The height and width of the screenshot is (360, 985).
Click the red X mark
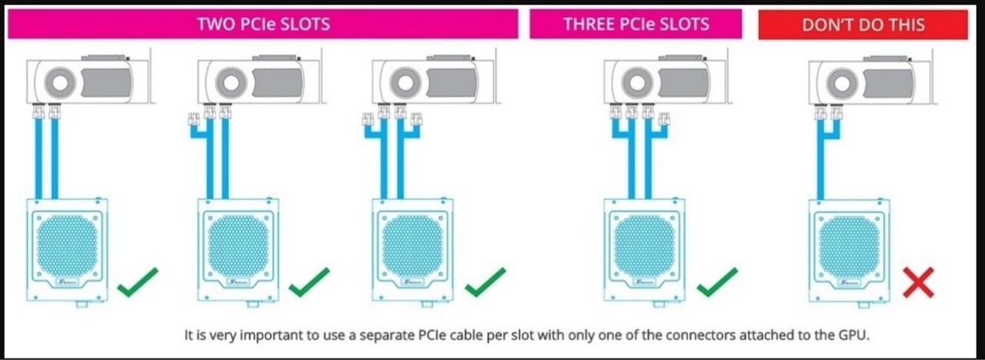coord(919,282)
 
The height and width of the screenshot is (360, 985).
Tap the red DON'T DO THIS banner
coord(863,25)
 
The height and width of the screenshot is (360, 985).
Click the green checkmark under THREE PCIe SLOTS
coord(717,282)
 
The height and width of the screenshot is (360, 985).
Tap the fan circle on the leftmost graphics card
coord(60,82)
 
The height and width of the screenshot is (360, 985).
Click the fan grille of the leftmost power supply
coord(67,246)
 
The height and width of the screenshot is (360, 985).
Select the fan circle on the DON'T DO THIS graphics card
coord(842,84)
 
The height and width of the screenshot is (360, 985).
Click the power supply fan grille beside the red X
coord(849,247)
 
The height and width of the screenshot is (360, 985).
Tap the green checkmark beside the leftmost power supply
coord(138,282)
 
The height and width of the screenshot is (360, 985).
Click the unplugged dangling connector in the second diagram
coord(193,119)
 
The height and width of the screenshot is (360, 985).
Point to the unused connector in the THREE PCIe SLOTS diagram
coord(664,119)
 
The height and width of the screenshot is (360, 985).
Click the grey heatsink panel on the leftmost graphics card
coord(106,82)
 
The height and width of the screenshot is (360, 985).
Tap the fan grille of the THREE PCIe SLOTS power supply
coord(644,246)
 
